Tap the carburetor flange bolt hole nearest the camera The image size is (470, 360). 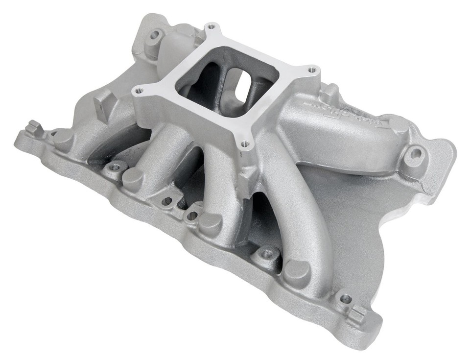point(244,144)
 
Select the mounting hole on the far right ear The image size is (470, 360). point(416,153)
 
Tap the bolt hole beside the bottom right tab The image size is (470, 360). point(345,297)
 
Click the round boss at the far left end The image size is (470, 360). point(64,139)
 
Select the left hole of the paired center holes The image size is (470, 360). point(167,200)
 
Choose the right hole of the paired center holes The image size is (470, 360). point(192,214)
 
